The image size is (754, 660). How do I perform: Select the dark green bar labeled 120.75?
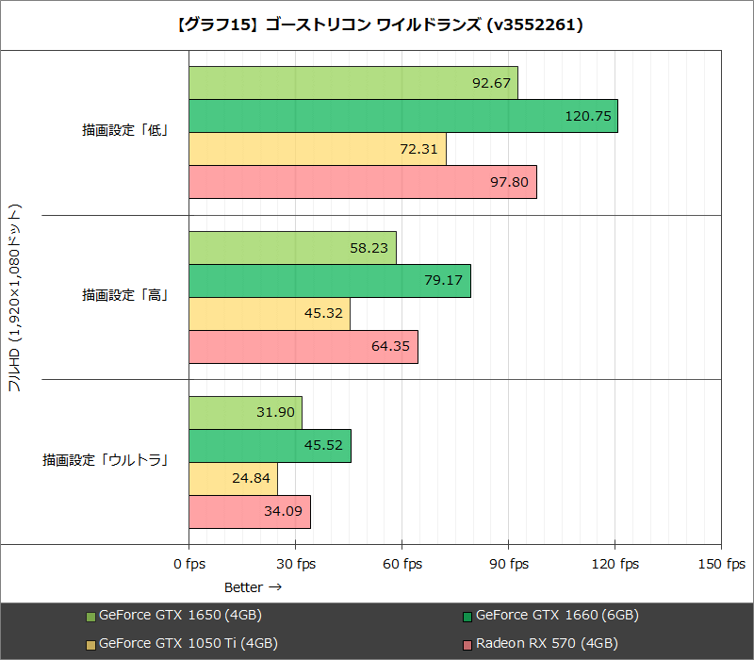(x=402, y=116)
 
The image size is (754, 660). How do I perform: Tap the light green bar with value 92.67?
(x=352, y=83)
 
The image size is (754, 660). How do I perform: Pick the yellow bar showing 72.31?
(x=317, y=149)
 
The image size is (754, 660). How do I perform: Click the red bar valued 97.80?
(x=362, y=182)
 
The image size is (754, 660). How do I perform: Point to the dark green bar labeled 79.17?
(x=329, y=281)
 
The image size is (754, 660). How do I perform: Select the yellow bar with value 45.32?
(x=269, y=314)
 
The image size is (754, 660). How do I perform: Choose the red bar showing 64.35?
(x=303, y=347)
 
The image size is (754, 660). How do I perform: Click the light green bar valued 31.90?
(x=245, y=413)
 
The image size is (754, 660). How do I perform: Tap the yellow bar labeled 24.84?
(x=233, y=479)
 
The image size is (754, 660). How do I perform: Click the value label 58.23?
(x=369, y=248)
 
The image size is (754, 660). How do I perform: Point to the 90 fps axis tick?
(x=508, y=564)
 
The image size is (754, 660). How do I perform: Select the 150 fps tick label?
(x=721, y=564)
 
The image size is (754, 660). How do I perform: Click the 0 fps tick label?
(x=188, y=564)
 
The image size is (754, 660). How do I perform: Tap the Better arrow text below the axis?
(x=253, y=587)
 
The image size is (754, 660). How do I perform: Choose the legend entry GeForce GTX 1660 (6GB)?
(x=556, y=616)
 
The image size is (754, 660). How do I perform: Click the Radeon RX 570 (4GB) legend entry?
(x=546, y=644)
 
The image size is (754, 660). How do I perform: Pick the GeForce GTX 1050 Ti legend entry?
(x=187, y=644)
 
